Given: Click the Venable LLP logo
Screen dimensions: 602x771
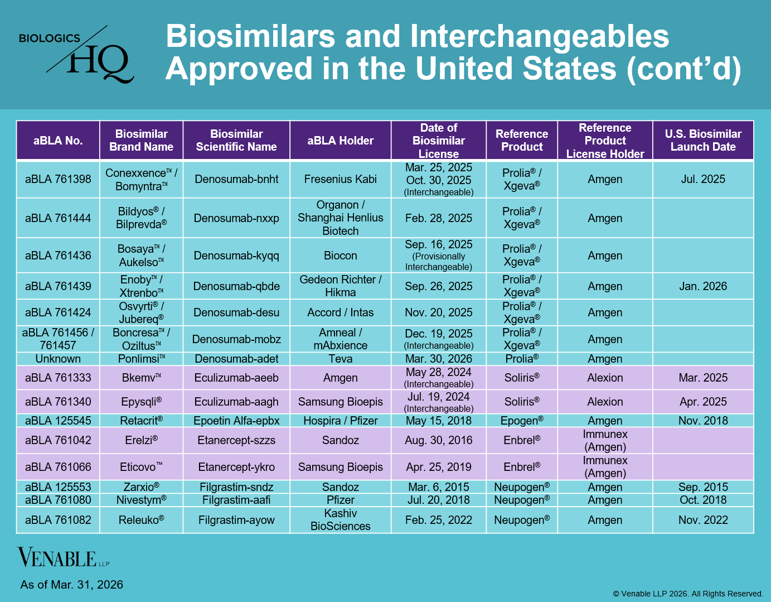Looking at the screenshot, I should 63,557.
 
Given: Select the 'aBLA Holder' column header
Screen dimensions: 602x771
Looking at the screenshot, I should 340,141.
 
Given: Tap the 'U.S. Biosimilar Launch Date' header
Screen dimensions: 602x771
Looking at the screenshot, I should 703,141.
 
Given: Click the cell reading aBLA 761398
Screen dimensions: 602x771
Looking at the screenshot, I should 58,179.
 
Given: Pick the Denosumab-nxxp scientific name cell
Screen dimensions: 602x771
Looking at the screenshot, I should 236,218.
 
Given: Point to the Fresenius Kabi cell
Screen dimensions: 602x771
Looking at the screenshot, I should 340,179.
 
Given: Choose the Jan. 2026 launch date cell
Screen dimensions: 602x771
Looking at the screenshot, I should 703,286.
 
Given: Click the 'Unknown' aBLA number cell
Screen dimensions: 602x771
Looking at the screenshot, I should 58,359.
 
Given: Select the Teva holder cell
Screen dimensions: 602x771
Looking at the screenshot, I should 340,359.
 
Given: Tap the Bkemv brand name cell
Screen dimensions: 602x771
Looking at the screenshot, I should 141,378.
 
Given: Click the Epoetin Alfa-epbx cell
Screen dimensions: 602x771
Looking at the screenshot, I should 236,421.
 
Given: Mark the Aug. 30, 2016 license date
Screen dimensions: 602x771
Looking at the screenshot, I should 438,440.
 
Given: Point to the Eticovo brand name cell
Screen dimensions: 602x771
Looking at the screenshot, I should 141,467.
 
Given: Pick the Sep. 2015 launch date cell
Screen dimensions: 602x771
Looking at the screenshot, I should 703,487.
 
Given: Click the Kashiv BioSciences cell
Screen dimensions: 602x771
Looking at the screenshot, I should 340,519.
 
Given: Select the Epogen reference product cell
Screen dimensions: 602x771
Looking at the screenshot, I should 522,421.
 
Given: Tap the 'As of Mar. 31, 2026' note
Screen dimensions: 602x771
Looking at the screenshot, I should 72,585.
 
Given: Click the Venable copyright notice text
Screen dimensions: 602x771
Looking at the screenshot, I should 688,594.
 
